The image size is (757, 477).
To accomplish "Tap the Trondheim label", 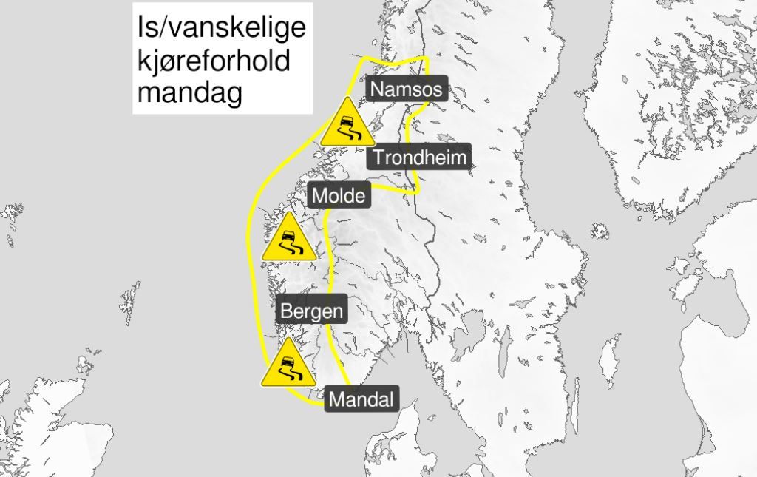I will [419, 157].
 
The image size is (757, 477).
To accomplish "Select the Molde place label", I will [338, 196].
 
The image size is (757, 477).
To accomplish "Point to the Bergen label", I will [311, 311].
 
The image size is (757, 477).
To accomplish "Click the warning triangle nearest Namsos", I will [347, 124].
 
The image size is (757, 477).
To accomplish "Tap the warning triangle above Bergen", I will [289, 240].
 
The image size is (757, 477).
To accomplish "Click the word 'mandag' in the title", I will [190, 94].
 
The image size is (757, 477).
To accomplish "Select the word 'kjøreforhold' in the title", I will [214, 61].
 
